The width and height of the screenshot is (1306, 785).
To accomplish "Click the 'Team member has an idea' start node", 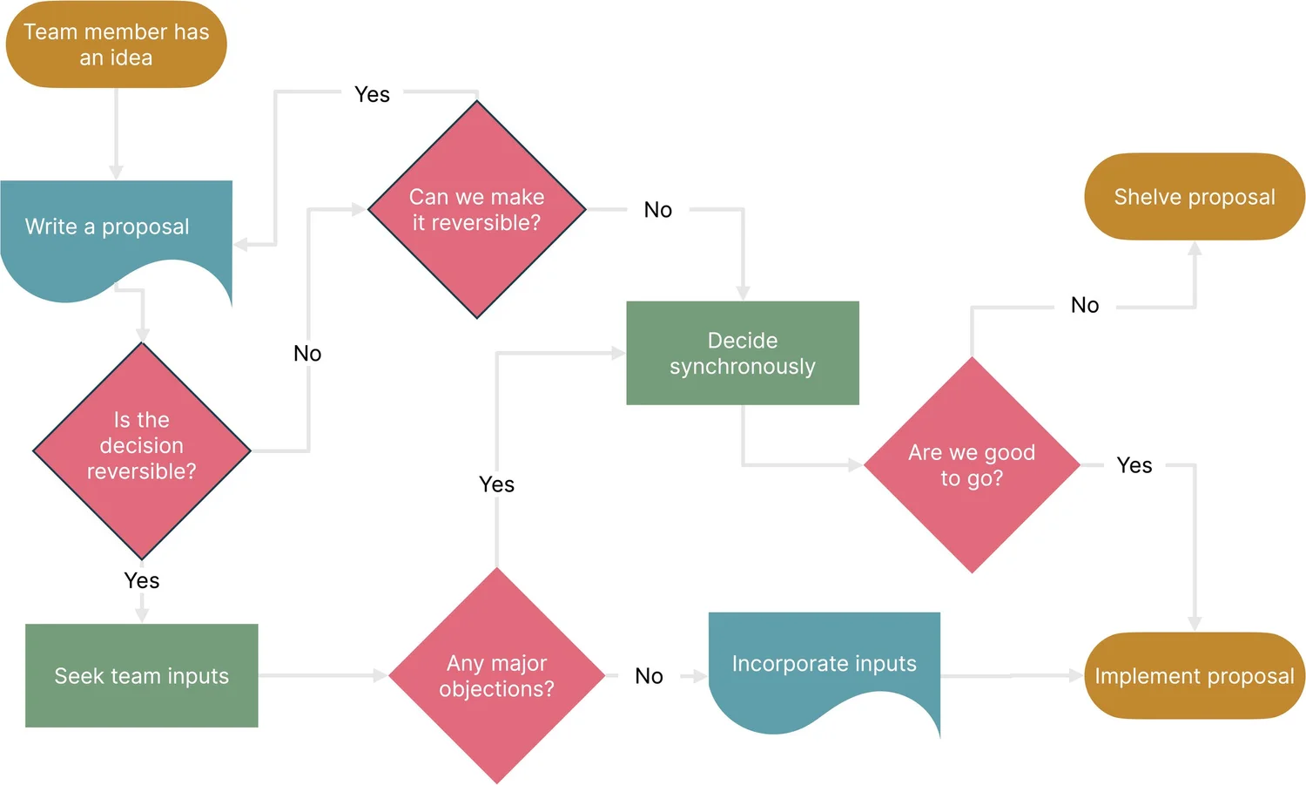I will [116, 44].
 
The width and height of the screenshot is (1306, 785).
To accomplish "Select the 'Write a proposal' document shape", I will [107, 227].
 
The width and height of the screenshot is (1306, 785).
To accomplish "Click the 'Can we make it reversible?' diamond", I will [476, 210].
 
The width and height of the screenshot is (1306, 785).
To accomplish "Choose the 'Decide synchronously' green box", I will [743, 353].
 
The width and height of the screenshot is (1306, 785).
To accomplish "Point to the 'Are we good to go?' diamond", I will [972, 465].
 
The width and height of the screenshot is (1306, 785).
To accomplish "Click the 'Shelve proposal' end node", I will [1194, 197].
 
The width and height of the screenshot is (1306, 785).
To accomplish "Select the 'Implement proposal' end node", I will [1194, 676].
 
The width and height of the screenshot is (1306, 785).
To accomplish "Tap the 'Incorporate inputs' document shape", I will [824, 665].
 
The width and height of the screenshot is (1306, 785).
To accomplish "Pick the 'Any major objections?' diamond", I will [496, 676].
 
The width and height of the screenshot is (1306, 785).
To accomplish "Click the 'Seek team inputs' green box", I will [142, 676].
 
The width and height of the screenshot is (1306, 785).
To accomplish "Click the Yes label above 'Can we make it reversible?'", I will [372, 94].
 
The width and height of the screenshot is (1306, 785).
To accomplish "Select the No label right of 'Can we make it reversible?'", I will [658, 210].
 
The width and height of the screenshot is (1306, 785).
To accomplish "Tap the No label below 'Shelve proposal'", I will [1085, 305].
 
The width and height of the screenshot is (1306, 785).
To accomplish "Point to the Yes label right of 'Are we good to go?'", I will [1134, 465].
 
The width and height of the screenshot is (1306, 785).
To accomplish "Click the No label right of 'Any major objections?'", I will [649, 676].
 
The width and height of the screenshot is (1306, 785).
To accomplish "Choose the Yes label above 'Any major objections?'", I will [496, 484].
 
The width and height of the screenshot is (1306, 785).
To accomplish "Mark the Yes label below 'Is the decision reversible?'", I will [142, 580].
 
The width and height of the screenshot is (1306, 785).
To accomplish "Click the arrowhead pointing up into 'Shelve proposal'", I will [1195, 248].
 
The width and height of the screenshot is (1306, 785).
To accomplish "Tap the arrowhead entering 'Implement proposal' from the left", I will [1076, 675].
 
